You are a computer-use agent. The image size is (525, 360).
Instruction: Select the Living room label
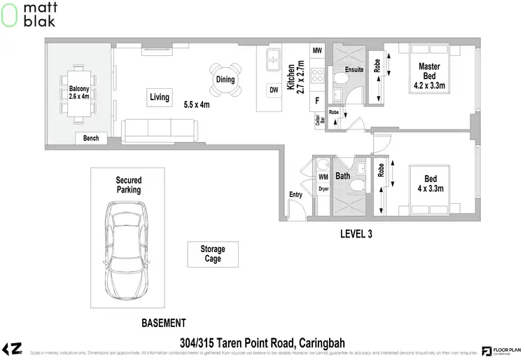coord(160,97)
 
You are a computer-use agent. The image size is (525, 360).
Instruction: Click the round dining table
coord(225,79)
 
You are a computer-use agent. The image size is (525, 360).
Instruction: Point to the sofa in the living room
coord(160,130)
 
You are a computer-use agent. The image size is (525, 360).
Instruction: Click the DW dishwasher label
coord(273,90)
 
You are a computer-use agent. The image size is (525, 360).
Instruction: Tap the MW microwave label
coord(317,51)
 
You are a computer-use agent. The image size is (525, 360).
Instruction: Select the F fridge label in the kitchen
coord(317,100)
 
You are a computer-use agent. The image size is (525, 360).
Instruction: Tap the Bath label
coord(342,176)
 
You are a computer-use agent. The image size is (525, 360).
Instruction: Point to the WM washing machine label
coord(323,177)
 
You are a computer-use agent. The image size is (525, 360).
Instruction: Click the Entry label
coord(295,195)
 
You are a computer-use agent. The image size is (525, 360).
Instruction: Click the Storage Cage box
coord(213,254)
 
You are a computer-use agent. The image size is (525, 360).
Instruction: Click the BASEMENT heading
coord(162,323)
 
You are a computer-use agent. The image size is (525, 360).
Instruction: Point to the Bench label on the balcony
coord(91,139)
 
